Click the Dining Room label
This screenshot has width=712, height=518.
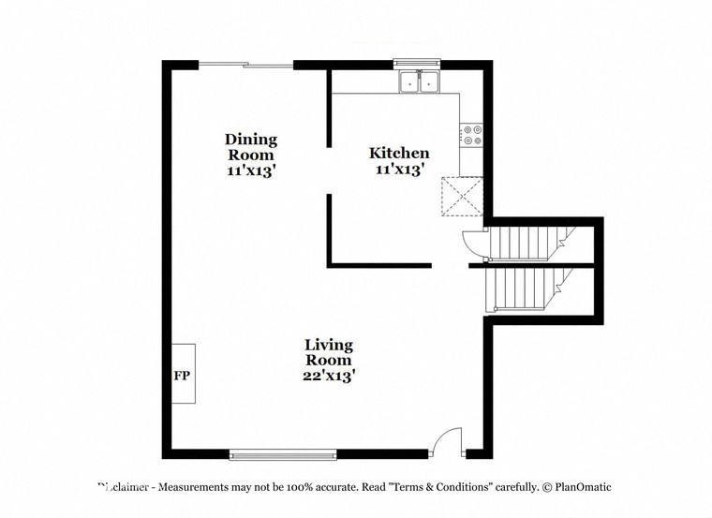pos(250,147)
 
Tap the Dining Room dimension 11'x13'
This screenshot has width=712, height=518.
pos(250,170)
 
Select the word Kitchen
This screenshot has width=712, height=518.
pos(399,153)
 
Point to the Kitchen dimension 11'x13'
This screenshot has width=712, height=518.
pos(399,170)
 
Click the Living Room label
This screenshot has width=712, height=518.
pos(328,352)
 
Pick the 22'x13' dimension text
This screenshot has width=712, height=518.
pos(328,375)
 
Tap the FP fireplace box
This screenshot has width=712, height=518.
pos(182,373)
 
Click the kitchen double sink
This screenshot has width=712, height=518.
pos(420,83)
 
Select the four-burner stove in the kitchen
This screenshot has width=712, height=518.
pos(471,136)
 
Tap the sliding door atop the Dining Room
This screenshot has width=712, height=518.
pos(245,65)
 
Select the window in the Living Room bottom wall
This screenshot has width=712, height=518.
pos(283,454)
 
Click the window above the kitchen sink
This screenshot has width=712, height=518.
pos(420,65)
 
